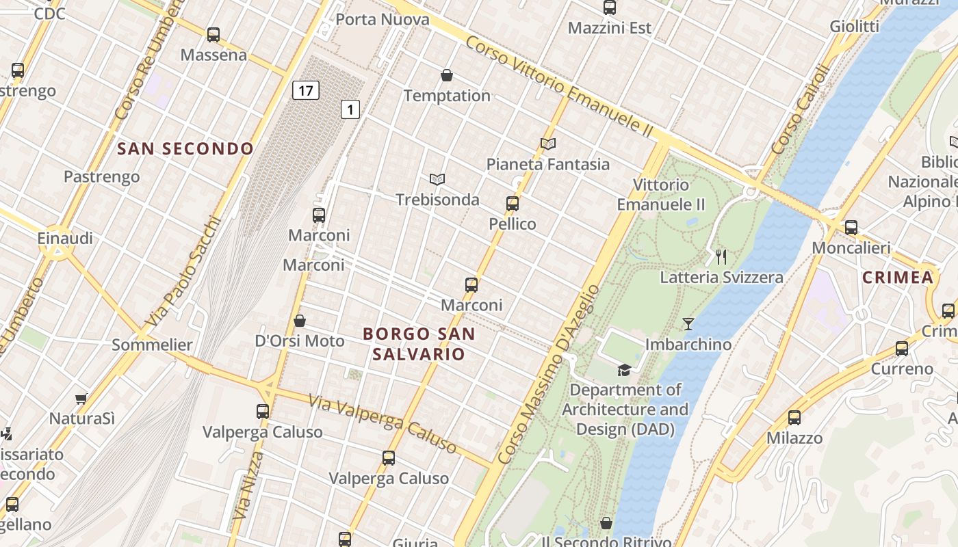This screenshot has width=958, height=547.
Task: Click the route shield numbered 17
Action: pos(306,90)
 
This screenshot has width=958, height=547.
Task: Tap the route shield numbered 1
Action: pos(350,109)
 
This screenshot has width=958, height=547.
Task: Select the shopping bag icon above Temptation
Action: pos(447,75)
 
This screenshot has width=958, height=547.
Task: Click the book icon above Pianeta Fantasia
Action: pos(547,144)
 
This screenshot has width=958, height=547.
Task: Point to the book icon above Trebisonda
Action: pos(437,180)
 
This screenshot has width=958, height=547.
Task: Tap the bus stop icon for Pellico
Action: pos(513,204)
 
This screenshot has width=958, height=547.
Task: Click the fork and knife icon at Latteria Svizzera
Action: pos(721,257)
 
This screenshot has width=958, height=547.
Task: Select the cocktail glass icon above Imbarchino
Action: pos(688,324)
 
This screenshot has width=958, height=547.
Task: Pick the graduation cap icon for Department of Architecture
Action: pos(624,370)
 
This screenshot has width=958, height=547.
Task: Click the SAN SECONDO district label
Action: pos(185,148)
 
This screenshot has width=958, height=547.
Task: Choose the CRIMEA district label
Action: pos(897,277)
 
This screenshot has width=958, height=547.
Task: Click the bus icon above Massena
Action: pos(213,35)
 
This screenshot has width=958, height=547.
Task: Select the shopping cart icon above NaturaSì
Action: pos(81,398)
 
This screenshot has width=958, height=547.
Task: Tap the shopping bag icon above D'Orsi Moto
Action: pos(300,321)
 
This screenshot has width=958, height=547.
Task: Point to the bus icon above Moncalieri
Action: pos(851,228)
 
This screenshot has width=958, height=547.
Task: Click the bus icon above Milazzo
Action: pos(794,418)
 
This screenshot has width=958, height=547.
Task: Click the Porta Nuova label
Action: pos(383,19)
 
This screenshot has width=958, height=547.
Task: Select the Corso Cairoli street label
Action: pos(800,109)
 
